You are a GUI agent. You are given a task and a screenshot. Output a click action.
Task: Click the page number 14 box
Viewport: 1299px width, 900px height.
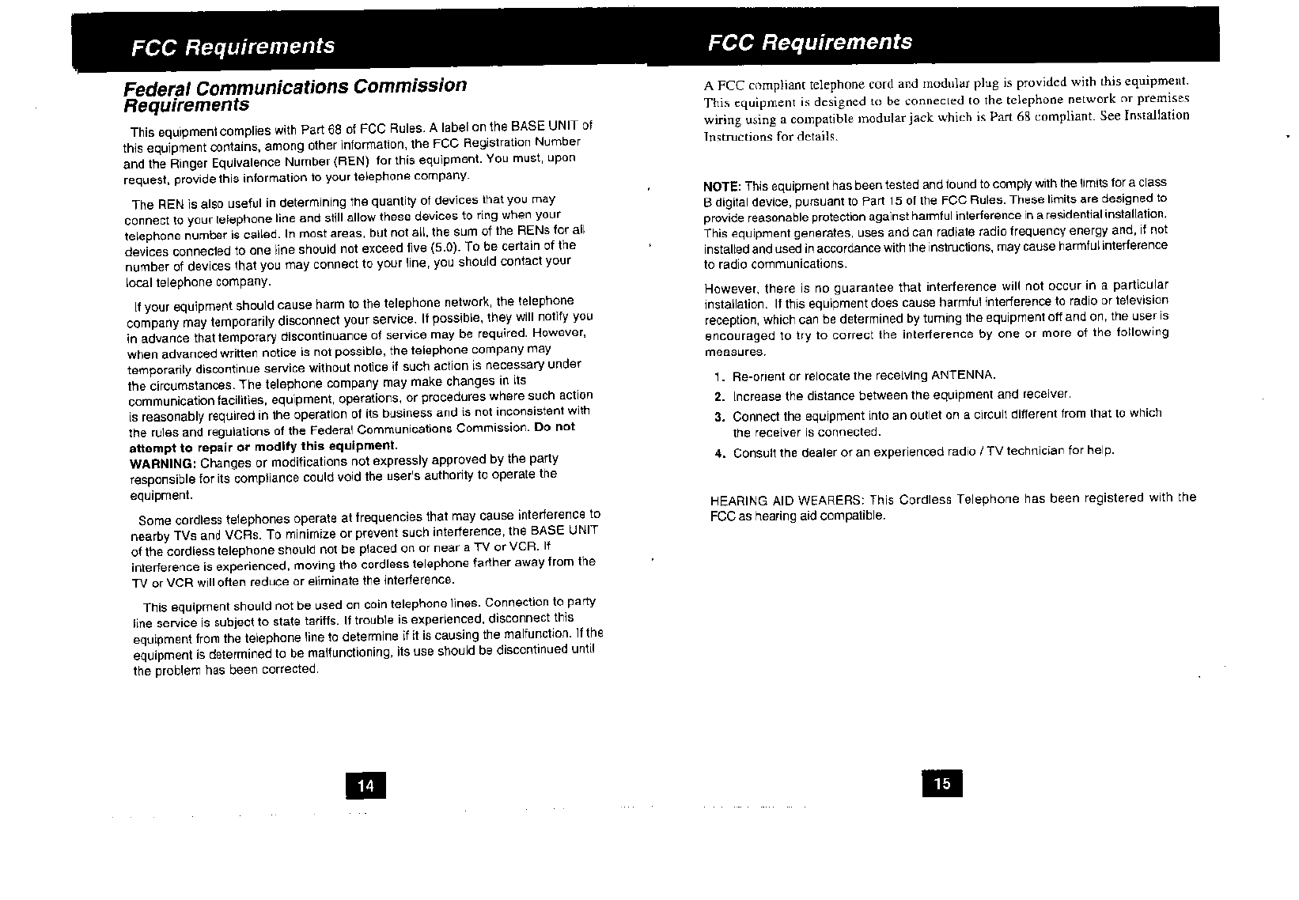click(365, 785)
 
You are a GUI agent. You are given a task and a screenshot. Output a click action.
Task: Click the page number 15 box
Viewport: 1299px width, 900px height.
click(941, 783)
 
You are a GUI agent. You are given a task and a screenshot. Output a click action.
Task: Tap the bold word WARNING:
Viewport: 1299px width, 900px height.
click(162, 463)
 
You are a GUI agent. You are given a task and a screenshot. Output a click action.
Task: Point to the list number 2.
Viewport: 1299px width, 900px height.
click(719, 396)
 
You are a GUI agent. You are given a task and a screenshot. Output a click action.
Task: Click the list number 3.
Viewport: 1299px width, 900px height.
click(719, 416)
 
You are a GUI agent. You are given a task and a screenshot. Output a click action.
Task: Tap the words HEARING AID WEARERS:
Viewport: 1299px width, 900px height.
click(788, 501)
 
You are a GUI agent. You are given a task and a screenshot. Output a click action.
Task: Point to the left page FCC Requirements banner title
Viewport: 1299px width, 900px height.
click(233, 47)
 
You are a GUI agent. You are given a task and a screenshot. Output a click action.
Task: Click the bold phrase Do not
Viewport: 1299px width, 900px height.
click(555, 427)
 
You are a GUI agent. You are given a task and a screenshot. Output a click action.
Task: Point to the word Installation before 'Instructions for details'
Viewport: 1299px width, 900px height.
click(1153, 115)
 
